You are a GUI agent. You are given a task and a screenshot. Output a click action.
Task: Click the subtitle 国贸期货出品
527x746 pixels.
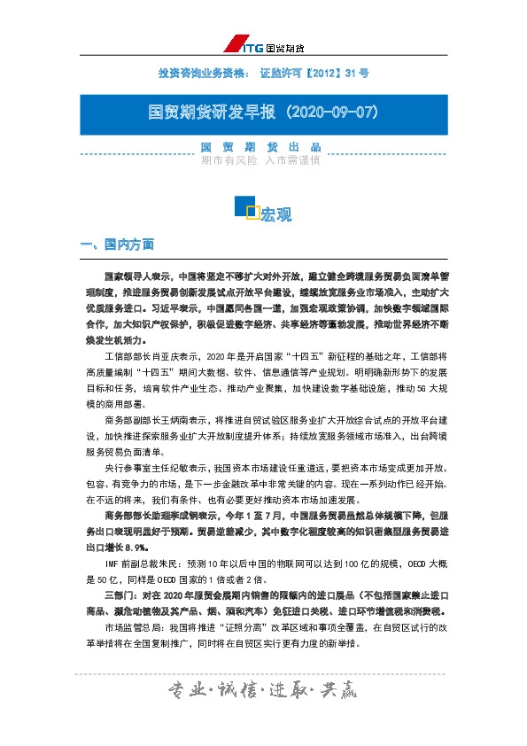260,147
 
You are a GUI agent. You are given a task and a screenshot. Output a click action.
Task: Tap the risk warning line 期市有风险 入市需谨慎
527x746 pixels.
260,161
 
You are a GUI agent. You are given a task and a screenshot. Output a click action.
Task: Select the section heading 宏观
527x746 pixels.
276,214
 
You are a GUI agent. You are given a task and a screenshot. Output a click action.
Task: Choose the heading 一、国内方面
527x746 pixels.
117,244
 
